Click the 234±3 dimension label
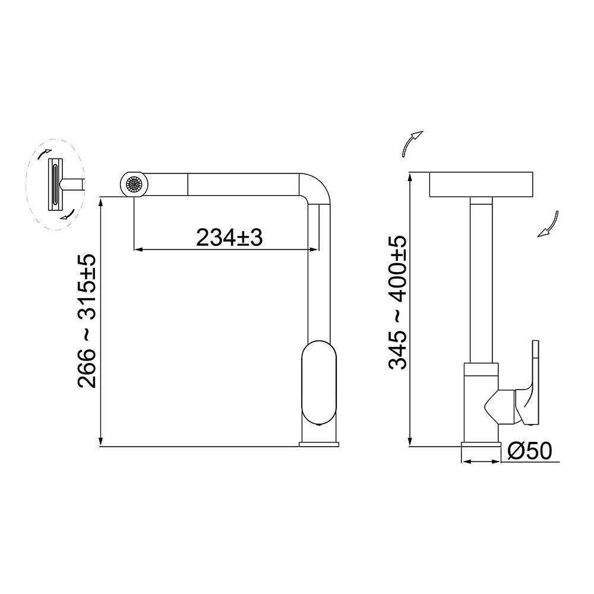click(229, 238)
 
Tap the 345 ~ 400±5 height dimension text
click(398, 303)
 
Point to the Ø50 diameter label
click(530, 452)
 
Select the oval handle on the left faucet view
click(319, 383)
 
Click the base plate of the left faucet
click(319, 444)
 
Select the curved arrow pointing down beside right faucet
click(550, 225)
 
